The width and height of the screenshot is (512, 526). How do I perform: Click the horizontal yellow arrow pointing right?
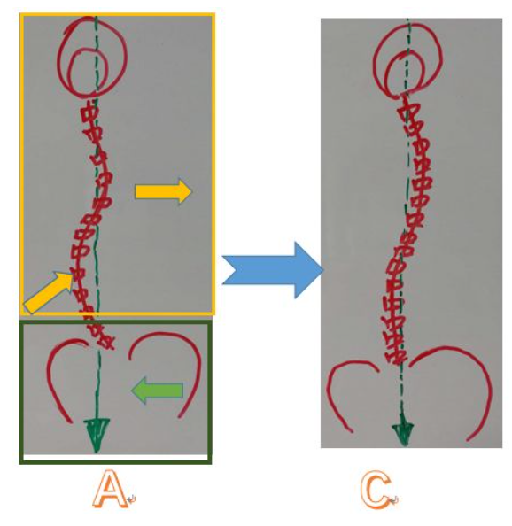tap(163, 191)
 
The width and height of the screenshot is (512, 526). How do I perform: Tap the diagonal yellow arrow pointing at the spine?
tap(49, 293)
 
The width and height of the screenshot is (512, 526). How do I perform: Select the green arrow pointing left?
tap(157, 391)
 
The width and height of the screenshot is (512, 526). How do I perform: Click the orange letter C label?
tap(376, 489)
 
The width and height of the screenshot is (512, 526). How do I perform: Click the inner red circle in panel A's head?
tap(69, 72)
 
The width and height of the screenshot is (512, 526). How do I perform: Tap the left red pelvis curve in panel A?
tap(50, 379)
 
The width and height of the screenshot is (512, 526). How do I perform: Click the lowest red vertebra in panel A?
tap(105, 342)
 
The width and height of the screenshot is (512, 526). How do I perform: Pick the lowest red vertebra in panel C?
tap(395, 357)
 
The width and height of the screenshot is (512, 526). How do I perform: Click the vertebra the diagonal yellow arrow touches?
tap(78, 275)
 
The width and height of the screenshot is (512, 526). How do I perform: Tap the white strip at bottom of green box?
tap(115, 458)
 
